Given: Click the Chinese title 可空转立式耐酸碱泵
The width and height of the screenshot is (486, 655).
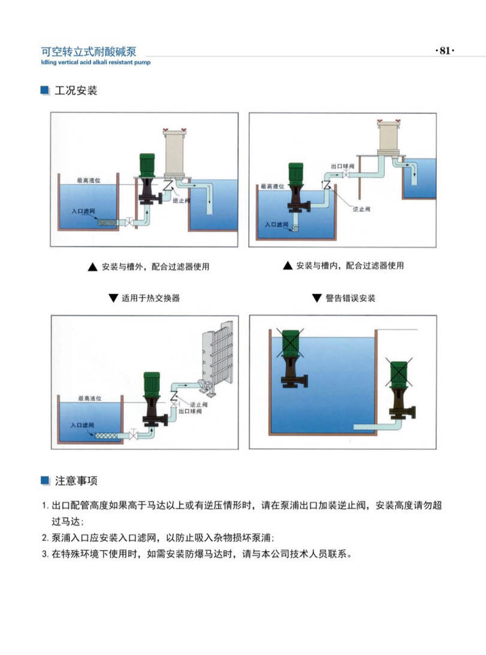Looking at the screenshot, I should (88, 52).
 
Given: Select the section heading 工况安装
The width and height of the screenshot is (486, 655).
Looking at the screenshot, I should (76, 91).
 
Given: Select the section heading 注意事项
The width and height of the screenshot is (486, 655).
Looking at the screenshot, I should (76, 480).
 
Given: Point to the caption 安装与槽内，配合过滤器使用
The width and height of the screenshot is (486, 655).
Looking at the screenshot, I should (349, 266).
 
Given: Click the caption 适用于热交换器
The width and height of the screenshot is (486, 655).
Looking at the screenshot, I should (150, 298).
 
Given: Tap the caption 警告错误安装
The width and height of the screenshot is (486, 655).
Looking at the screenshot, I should (350, 298).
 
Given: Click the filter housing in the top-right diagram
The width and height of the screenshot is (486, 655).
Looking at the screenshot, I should (390, 144).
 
